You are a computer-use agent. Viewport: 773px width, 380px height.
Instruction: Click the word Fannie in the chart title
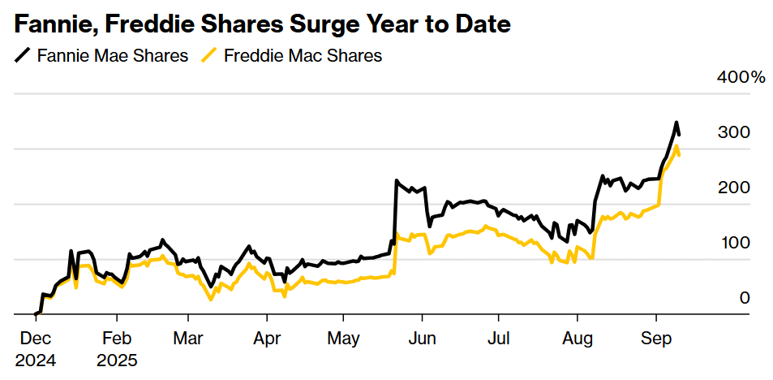click(51, 24)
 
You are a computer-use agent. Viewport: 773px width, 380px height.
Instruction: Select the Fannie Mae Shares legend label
click(113, 56)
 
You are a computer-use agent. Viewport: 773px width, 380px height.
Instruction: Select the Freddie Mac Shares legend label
click(303, 56)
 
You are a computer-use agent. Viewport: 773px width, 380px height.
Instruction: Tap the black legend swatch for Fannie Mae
click(24, 56)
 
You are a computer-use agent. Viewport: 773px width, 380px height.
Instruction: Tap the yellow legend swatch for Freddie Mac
click(210, 56)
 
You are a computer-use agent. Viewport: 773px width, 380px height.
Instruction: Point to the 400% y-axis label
click(741, 78)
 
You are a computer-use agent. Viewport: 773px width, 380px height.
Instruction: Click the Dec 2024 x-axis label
click(36, 348)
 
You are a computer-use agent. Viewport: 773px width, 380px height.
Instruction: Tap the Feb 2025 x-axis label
click(117, 348)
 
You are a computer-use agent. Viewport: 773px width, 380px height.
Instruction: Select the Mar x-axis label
click(187, 337)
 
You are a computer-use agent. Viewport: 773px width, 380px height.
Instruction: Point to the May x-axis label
click(344, 337)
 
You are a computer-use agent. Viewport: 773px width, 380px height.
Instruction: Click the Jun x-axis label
click(421, 337)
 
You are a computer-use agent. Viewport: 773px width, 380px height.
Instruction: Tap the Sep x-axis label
click(655, 337)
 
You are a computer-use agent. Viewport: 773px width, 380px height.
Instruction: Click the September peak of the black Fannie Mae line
click(676, 123)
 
